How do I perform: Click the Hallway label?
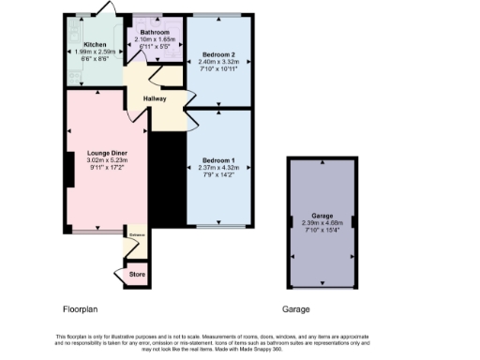coord(156,97)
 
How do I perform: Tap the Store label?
coord(137,274)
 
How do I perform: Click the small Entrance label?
coord(136,235)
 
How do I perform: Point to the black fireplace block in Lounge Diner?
coord(70,164)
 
